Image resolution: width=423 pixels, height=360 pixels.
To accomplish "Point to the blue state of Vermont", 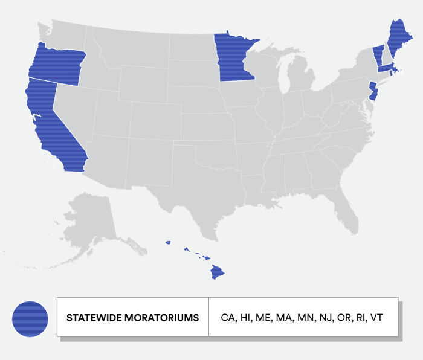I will point(378,55).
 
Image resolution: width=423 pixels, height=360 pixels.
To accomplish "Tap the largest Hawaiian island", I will point(217,273).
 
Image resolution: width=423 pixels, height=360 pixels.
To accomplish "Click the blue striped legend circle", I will point(30,318).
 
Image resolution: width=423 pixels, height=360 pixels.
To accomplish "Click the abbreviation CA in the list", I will point(227,317).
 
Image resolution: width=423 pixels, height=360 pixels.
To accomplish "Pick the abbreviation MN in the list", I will point(305,317).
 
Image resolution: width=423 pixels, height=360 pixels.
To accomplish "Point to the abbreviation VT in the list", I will point(375,317).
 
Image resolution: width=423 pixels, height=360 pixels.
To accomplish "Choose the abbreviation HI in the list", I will point(245,317).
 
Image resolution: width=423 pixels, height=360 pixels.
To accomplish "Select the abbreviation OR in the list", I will point(342,317).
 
